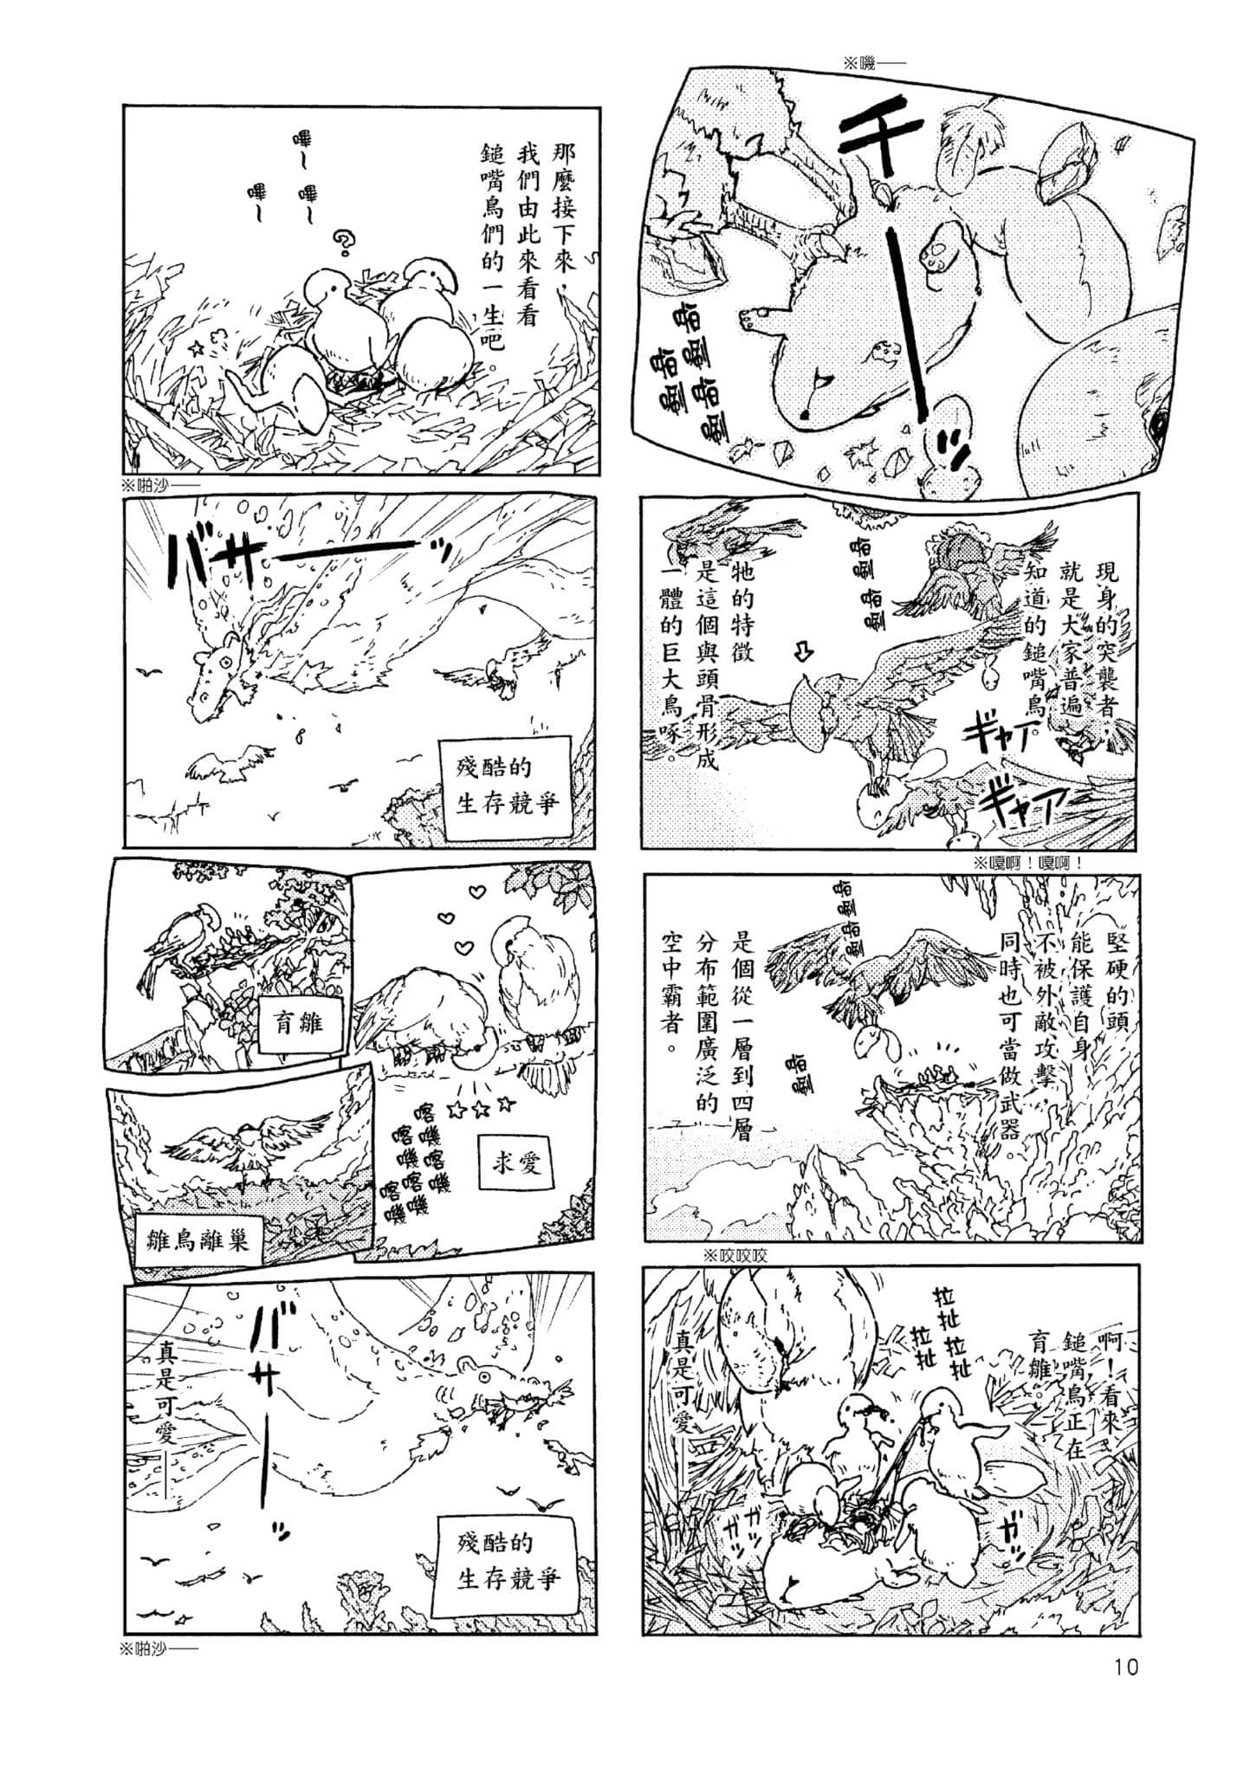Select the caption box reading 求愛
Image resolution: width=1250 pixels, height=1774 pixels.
517,1162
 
